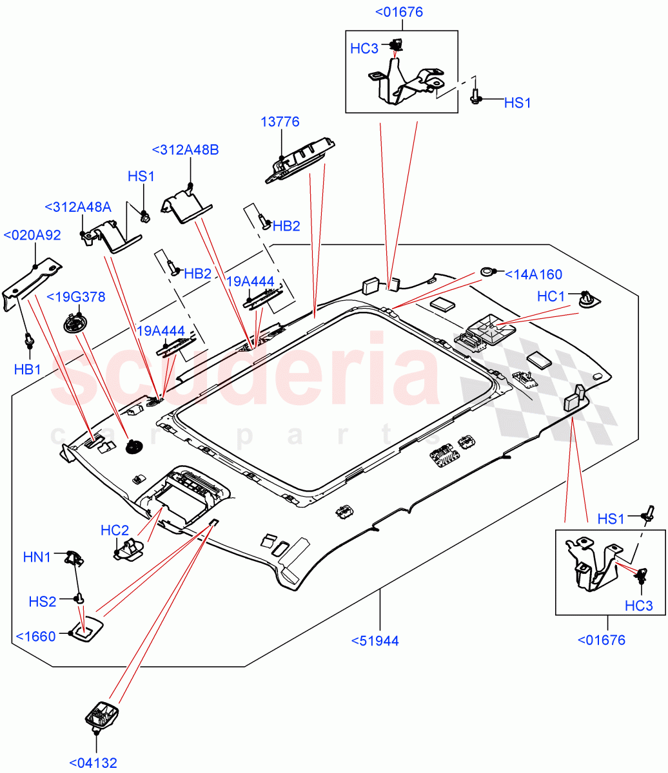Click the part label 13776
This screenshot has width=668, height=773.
(x=280, y=122)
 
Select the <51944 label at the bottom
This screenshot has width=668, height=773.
(x=375, y=640)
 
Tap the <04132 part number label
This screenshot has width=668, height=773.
(x=93, y=763)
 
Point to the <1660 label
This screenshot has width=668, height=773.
(x=35, y=636)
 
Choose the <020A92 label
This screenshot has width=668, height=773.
(x=32, y=235)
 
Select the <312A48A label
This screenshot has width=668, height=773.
(x=78, y=207)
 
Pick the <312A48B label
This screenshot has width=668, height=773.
(x=185, y=149)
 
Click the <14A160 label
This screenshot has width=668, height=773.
(x=533, y=274)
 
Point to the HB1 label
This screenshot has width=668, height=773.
(x=28, y=368)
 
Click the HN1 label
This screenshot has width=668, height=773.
(x=37, y=557)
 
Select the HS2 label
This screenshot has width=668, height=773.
(x=43, y=601)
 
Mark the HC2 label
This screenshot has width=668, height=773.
(x=115, y=530)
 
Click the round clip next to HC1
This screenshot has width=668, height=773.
(x=587, y=299)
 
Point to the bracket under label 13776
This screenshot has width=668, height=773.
(x=300, y=161)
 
